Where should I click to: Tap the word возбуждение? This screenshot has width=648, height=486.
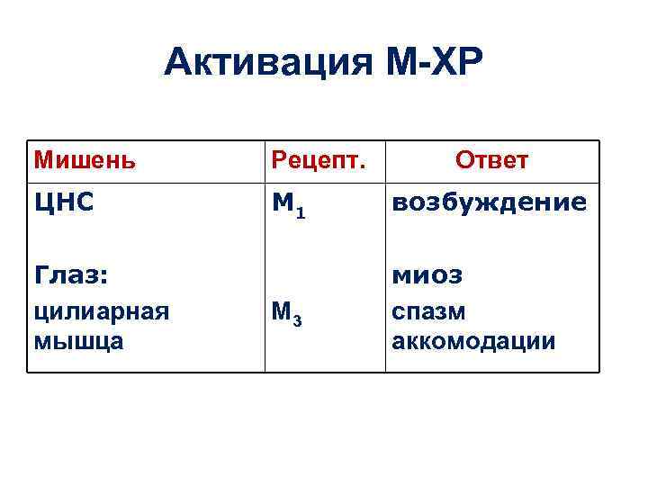(x=489, y=203)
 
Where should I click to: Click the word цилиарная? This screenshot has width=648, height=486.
(x=101, y=311)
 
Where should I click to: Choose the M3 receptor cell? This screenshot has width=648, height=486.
(x=290, y=315)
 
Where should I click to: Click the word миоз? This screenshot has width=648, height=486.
(x=427, y=273)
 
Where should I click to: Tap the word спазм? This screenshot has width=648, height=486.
(x=427, y=311)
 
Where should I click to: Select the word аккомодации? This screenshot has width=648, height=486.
(x=473, y=342)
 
